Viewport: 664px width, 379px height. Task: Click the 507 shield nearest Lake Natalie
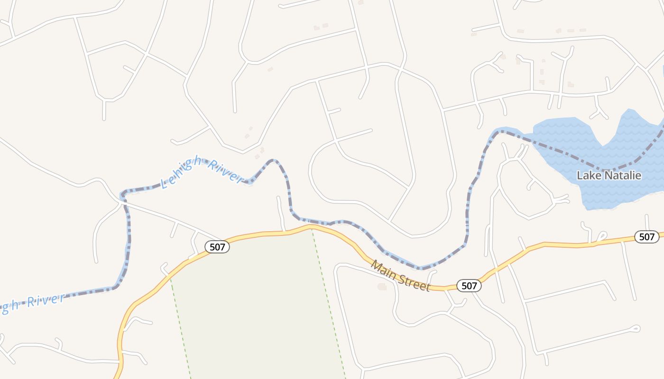tap(646, 237)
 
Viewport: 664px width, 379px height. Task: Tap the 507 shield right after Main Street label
tap(469, 286)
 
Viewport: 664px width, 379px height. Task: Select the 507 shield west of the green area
tap(217, 246)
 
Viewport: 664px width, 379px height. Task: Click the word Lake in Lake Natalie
tap(587, 176)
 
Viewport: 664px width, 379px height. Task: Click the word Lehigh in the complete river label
tap(184, 172)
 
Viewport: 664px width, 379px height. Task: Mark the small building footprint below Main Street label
tap(382, 287)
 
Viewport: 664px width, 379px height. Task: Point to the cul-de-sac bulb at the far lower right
tap(636, 328)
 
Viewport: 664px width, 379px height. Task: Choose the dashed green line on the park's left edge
tap(180, 327)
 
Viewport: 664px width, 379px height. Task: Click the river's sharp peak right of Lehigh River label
tap(273, 160)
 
